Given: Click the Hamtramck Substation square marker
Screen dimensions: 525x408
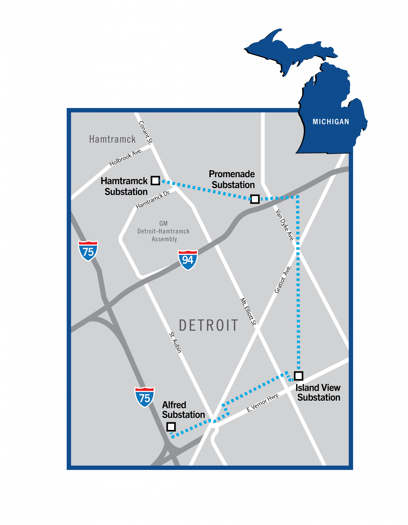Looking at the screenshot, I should tap(155, 180).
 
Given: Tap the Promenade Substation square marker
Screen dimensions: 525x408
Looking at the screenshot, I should tap(255, 199).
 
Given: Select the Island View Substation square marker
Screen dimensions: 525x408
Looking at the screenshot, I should tap(298, 376).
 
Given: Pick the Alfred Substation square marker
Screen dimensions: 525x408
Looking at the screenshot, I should tap(171, 427).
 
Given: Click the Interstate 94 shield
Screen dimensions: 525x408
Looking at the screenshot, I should tap(188, 260).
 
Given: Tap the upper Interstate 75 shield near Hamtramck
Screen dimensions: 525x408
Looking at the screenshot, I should tap(88, 251).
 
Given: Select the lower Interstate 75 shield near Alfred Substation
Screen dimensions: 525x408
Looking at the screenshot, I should tap(144, 397).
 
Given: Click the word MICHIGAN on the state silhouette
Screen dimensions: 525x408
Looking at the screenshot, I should tap(331, 122).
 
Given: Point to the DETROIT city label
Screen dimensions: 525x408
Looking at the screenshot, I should tap(208, 326).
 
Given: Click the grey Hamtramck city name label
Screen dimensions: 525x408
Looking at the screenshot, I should tap(112, 139).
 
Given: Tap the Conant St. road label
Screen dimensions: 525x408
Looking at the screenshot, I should tap(145, 132).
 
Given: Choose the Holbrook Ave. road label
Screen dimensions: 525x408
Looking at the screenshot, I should tap(126, 157).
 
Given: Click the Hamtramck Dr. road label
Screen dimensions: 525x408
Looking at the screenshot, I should tap(153, 200).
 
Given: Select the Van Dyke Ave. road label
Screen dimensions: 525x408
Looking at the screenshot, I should tap(285, 225).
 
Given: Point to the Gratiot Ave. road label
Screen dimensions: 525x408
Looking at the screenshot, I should tap(283, 279).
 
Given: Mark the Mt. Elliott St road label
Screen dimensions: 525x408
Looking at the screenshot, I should tap(248, 311).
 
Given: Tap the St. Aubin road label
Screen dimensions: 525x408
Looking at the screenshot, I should tap(175, 342).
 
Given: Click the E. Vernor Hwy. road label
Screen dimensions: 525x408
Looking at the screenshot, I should tap(263, 403).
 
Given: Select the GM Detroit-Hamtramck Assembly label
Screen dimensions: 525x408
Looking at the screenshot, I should tap(164, 231).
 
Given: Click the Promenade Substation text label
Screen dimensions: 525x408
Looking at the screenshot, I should tap(232, 179).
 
